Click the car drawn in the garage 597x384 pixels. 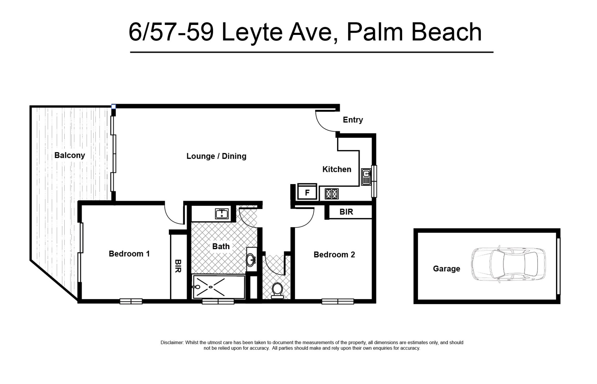click(x=508, y=263)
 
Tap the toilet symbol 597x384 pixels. click(x=277, y=290)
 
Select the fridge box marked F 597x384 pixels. click(x=307, y=192)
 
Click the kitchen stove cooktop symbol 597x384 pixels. click(x=331, y=194)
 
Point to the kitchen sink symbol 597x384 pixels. click(x=366, y=177)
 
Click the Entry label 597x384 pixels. click(x=353, y=120)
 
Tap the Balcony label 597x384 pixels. click(x=70, y=155)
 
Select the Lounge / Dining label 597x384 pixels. click(x=216, y=156)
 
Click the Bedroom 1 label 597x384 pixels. click(x=129, y=254)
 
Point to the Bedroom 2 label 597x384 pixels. click(x=334, y=254)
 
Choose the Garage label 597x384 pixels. click(x=447, y=268)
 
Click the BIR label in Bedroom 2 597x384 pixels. click(x=346, y=212)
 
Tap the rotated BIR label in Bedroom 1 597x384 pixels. click(x=178, y=266)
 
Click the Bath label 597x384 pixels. click(x=221, y=246)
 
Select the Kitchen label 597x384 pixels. click(x=337, y=169)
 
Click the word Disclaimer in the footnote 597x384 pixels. click(x=172, y=343)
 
